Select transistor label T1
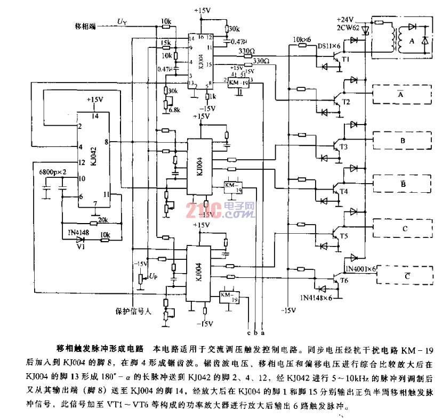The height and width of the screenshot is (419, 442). tap(345, 60)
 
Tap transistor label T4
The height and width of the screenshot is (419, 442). tap(343, 191)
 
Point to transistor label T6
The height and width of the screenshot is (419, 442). tap(344, 281)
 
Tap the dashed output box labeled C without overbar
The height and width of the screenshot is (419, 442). tap(405, 229)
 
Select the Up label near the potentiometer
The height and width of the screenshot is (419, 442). tap(154, 276)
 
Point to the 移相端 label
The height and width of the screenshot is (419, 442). tap(85, 26)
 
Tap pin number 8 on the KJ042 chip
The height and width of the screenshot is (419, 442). tap(108, 142)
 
